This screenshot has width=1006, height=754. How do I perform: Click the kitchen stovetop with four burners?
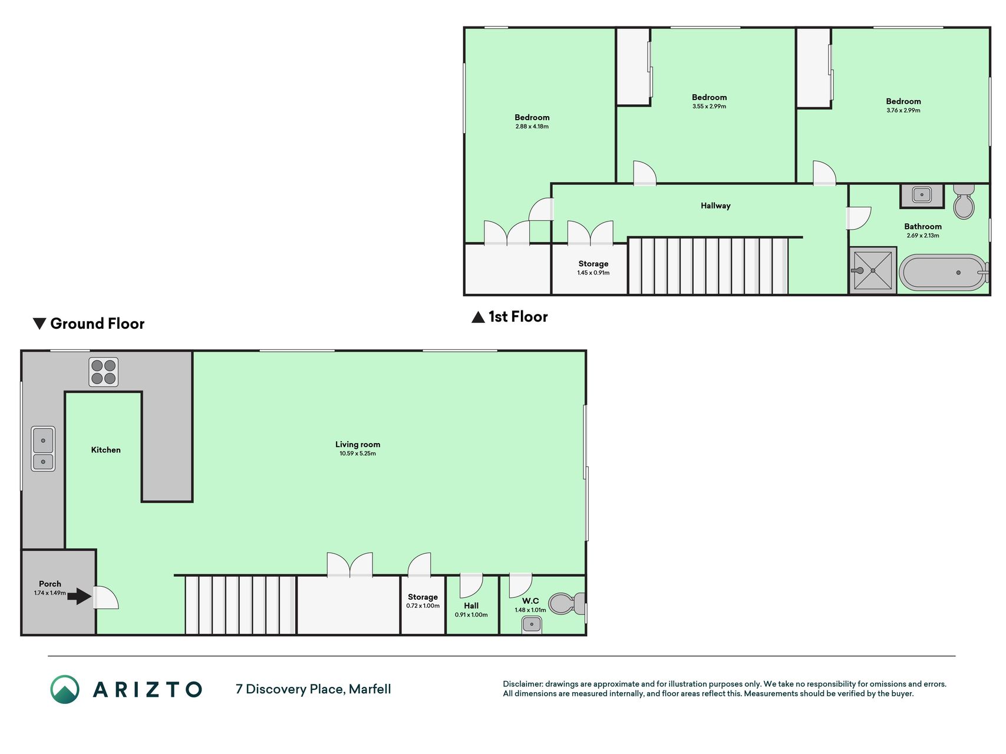tap(104, 372)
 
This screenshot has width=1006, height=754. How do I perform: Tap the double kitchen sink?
tap(43, 449)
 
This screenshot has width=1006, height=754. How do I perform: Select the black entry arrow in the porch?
tap(79, 597)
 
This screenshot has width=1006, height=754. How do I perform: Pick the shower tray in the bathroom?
tap(873, 270)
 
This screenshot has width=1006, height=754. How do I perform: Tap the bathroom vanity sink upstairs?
tap(922, 196)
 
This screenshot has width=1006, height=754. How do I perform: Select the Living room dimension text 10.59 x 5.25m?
tap(358, 454)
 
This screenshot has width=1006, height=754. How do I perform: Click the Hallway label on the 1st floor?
tap(715, 206)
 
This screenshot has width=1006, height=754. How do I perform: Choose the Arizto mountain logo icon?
tap(65, 689)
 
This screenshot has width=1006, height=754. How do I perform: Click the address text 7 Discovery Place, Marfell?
tap(313, 689)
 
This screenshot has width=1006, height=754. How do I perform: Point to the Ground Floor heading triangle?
tap(39, 323)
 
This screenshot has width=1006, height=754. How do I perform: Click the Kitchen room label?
tap(106, 450)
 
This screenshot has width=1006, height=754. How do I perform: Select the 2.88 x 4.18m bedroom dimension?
tap(532, 127)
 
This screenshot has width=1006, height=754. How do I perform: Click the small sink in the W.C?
tap(532, 624)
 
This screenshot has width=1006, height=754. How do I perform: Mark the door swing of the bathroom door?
tap(859, 217)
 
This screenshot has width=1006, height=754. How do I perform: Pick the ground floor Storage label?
tap(423, 597)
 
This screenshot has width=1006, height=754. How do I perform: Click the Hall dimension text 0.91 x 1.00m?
tap(471, 615)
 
